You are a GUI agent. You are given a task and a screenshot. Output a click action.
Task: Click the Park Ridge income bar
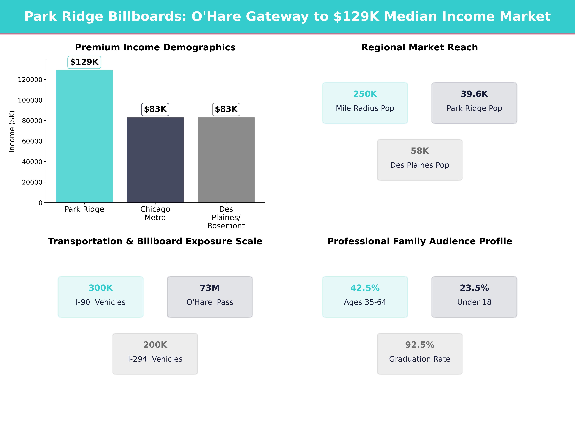(84, 136)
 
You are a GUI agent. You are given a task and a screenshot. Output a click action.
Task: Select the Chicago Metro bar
(155, 160)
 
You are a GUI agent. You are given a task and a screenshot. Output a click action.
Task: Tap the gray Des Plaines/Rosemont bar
(226, 160)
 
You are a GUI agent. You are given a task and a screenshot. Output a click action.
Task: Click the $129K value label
(84, 62)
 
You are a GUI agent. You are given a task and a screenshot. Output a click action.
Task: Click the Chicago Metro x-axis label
(155, 213)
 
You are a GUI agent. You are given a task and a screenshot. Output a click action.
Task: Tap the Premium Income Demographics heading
(155, 47)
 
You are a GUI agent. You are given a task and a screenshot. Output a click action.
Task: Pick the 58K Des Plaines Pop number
(420, 151)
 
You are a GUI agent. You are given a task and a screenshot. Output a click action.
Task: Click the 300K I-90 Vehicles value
(101, 288)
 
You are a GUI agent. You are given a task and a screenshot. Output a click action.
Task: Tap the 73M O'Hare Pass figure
(210, 288)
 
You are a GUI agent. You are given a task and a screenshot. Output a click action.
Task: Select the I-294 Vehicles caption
(155, 359)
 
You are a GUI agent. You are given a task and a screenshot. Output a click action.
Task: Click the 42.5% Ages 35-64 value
(365, 288)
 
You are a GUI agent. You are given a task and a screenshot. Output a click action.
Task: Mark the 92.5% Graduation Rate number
(420, 345)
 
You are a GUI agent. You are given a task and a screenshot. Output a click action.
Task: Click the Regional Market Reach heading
(420, 47)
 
